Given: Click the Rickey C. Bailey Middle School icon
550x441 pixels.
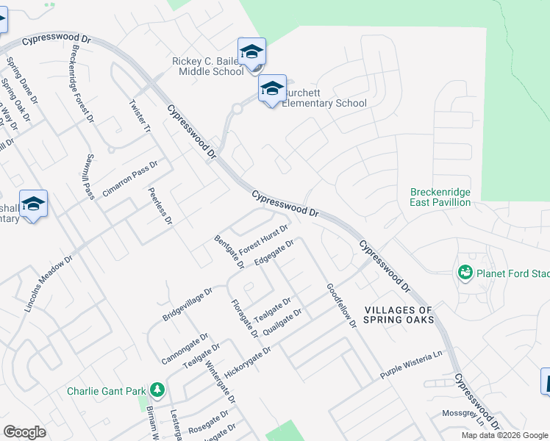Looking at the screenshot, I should [x=251, y=51].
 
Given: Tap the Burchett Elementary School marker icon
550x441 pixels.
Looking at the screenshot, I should [x=272, y=90].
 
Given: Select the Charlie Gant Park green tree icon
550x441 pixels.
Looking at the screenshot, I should [x=156, y=389].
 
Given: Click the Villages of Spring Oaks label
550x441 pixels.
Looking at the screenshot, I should [x=399, y=315].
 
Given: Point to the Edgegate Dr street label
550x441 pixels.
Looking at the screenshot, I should [x=274, y=252].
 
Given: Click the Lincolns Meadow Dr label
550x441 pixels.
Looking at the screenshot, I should [x=49, y=284].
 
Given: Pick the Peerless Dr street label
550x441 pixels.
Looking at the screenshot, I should [x=160, y=205].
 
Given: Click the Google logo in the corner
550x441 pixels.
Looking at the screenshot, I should [x=25, y=432].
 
